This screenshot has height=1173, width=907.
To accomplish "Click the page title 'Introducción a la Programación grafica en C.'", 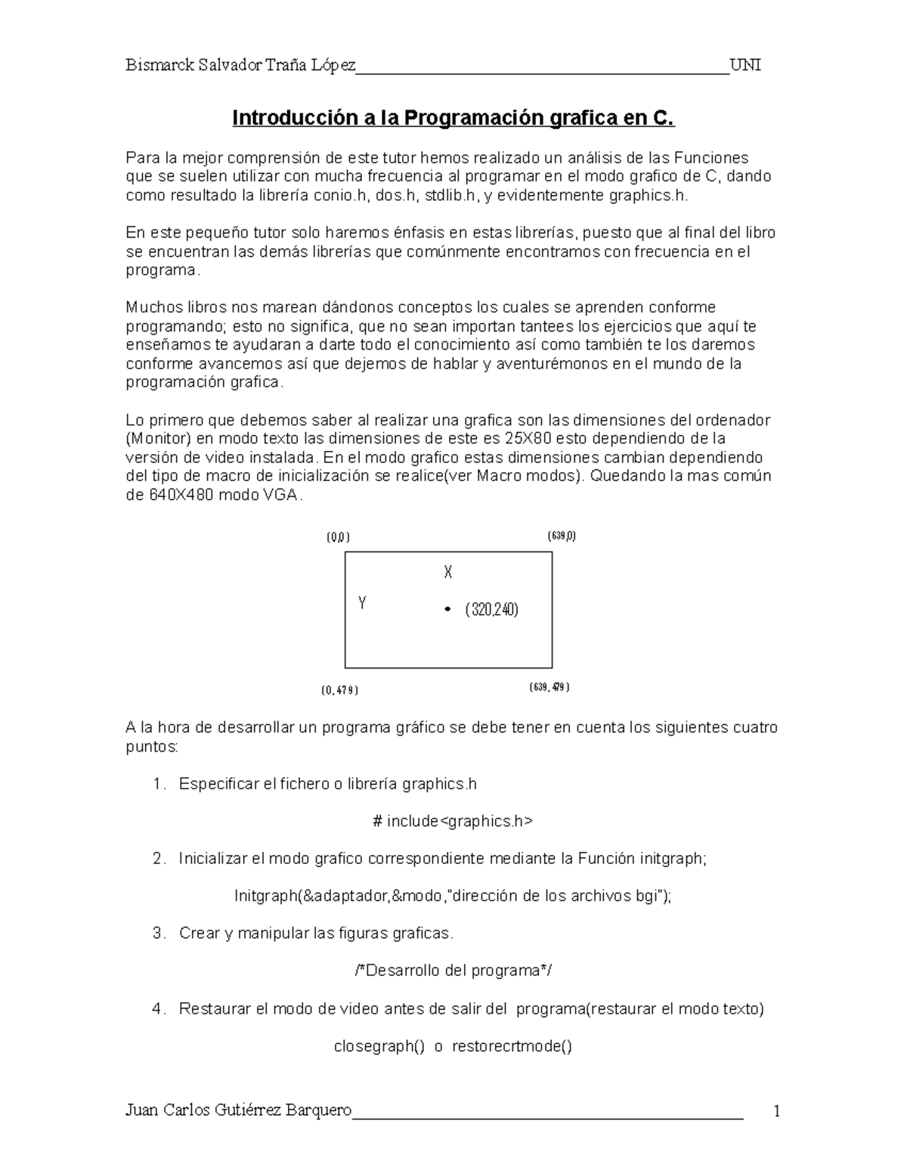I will click(x=453, y=119).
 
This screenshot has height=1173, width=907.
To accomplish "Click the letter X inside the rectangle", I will click(x=448, y=573).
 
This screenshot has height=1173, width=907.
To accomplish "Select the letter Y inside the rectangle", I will click(x=363, y=603).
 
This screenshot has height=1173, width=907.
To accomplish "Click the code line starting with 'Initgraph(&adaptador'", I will click(x=453, y=896).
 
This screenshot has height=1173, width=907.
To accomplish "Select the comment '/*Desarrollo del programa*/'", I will click(x=453, y=971).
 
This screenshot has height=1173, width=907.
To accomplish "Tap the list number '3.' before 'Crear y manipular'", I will click(x=159, y=934).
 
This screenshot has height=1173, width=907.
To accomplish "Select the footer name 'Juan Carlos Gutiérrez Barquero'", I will click(x=239, y=1110).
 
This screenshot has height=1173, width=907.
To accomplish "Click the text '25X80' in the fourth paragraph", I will click(x=523, y=439).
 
